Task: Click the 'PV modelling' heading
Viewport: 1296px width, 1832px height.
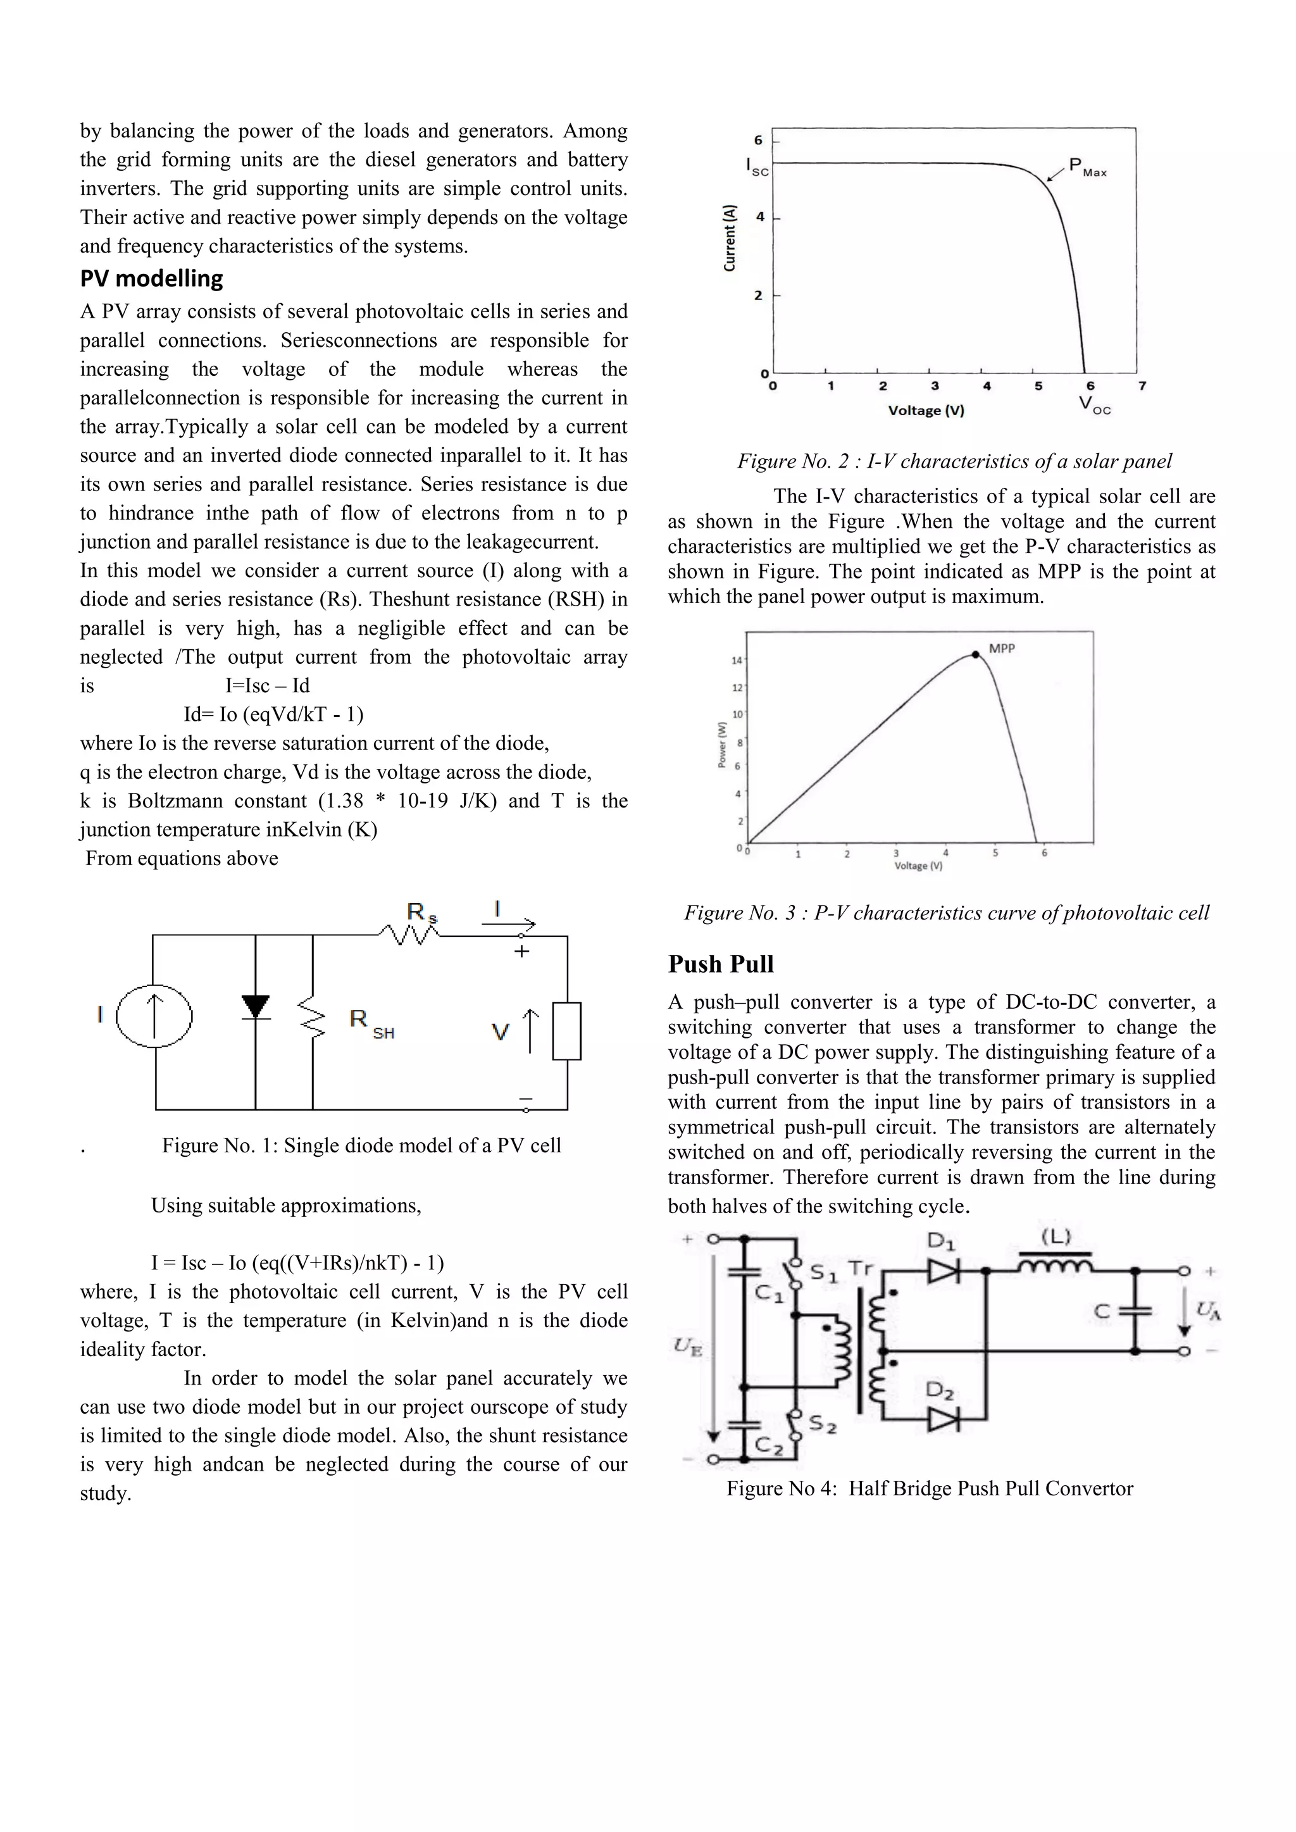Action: point(152,278)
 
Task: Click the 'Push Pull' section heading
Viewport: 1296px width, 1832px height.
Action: point(721,964)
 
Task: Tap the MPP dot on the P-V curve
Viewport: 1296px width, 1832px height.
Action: point(975,654)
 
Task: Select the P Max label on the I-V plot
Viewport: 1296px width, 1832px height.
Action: point(1087,168)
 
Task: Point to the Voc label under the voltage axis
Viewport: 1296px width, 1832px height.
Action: point(1094,406)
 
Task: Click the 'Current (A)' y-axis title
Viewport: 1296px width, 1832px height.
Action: point(728,238)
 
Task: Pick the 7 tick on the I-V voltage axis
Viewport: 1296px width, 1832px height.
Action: point(1142,386)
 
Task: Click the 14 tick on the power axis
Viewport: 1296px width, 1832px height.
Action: point(737,661)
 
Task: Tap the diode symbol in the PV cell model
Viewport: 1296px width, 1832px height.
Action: point(256,1007)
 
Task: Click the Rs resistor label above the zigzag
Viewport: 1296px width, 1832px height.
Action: point(421,912)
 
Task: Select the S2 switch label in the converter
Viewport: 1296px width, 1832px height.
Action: point(822,1424)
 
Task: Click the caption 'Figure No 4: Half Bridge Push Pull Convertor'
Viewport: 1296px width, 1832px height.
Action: point(930,1489)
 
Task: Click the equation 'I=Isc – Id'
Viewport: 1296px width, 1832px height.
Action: point(267,686)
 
